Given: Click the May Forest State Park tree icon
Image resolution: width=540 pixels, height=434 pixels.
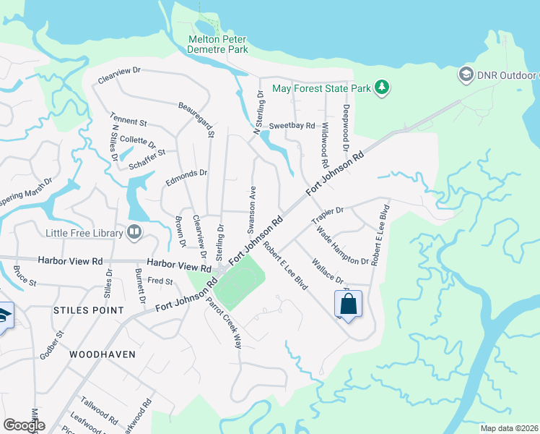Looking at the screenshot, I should click(382, 88).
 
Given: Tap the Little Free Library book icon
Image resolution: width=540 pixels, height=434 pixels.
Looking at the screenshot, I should click(134, 232).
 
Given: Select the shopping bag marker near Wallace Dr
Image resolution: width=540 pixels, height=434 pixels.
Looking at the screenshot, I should click(348, 305).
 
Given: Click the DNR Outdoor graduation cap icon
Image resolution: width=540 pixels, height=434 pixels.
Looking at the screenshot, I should click(466, 75).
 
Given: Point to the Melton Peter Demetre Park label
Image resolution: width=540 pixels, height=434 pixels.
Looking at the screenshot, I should click(217, 44).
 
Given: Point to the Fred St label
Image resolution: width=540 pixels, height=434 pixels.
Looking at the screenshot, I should click(160, 281).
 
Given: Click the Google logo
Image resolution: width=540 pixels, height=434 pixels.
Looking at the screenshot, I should click(24, 425).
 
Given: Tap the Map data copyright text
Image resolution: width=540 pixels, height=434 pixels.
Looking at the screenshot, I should click(509, 428).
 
